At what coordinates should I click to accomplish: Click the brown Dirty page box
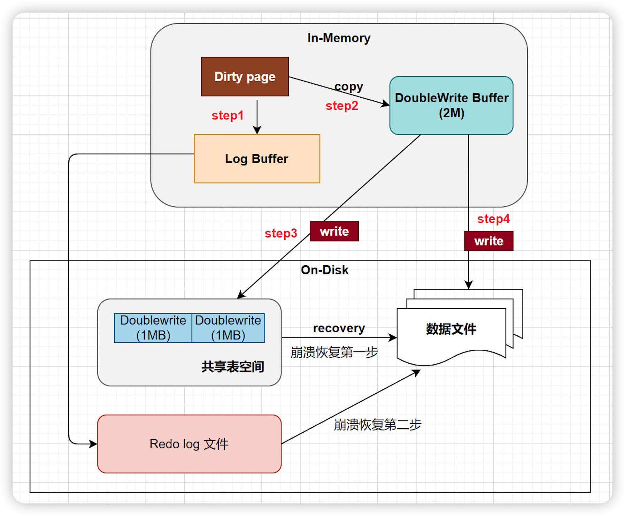[245, 76]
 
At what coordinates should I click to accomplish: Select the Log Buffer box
[257, 159]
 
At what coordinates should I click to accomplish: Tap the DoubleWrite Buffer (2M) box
[451, 105]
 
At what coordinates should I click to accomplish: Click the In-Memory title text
[339, 38]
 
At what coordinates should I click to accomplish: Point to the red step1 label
[227, 115]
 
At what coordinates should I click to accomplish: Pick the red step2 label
[342, 106]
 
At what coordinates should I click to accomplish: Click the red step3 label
[281, 233]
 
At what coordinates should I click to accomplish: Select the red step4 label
[493, 219]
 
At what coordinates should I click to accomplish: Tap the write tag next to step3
[334, 231]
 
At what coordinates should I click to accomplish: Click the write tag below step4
[489, 241]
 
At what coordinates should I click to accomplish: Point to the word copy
[349, 86]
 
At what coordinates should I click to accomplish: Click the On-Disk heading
[325, 270]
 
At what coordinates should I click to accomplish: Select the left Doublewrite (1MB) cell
[153, 328]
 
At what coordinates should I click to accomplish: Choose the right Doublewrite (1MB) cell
[228, 328]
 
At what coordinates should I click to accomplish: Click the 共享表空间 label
[233, 367]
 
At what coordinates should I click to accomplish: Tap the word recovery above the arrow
[339, 328]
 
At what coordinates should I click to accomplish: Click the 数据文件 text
[451, 329]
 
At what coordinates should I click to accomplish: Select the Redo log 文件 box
[189, 444]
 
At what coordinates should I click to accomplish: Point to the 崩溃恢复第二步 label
[378, 425]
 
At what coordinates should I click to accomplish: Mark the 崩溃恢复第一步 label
[334, 352]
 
